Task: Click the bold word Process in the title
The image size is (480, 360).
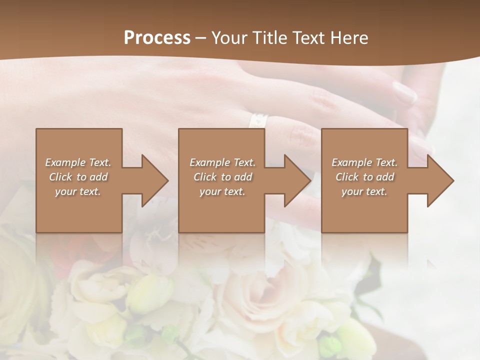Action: pyautogui.click(x=157, y=37)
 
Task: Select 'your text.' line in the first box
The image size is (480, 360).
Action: pyautogui.click(x=78, y=191)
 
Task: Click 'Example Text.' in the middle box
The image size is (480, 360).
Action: pyautogui.click(x=222, y=162)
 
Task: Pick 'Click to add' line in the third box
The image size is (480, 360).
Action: pyautogui.click(x=364, y=177)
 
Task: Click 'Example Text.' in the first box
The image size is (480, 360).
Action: pyautogui.click(x=78, y=162)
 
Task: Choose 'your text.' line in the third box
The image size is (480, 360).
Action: pyautogui.click(x=364, y=191)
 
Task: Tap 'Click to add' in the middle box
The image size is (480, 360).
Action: pyautogui.click(x=222, y=177)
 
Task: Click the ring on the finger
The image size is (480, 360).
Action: pyautogui.click(x=258, y=120)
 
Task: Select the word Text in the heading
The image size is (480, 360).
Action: pyautogui.click(x=309, y=37)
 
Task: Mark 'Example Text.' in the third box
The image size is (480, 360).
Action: pyautogui.click(x=364, y=162)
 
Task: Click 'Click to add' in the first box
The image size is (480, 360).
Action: pyautogui.click(x=78, y=177)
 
